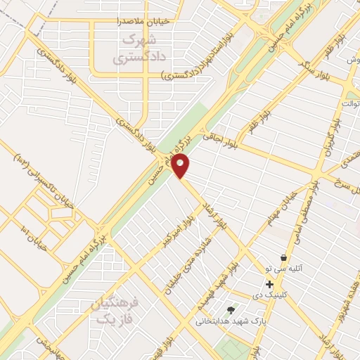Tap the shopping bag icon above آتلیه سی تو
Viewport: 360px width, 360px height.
point(283,258)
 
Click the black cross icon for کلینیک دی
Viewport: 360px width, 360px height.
point(269,284)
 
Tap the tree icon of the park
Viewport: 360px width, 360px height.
point(231,310)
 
